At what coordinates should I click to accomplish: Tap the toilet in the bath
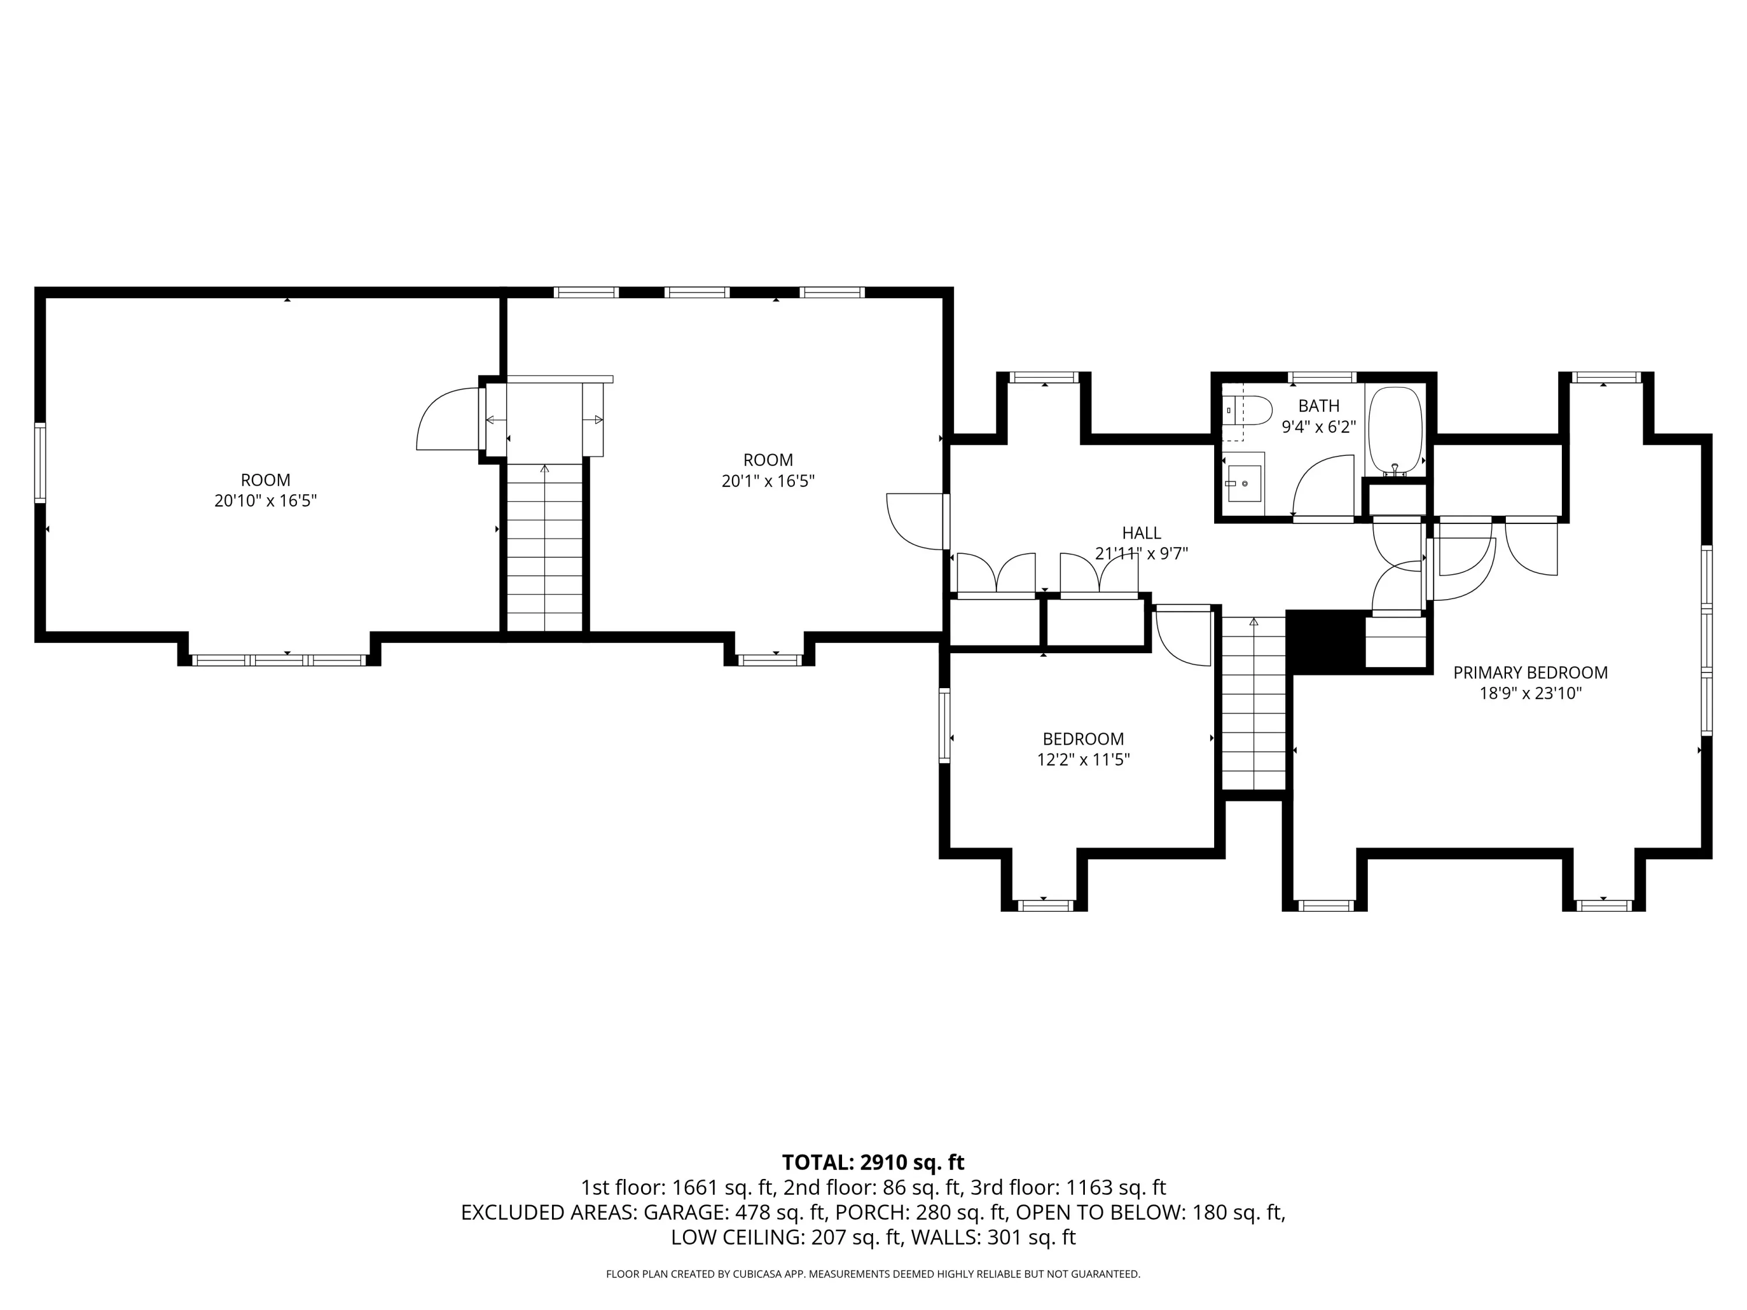pos(1247,410)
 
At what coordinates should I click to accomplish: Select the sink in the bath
pos(1243,483)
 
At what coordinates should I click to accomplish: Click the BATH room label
pos(1318,406)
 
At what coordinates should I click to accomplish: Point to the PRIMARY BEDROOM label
pos(1530,673)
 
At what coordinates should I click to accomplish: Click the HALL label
pos(1141,533)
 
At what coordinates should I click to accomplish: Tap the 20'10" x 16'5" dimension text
pos(266,501)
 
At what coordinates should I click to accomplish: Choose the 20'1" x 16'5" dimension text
pos(768,481)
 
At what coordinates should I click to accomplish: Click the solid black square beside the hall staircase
pos(1326,642)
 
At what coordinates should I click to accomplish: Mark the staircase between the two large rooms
pos(544,547)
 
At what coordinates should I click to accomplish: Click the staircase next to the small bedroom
pos(1254,702)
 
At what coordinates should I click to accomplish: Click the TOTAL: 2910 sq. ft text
pos(873,1162)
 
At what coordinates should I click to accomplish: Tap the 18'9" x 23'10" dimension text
pos(1530,693)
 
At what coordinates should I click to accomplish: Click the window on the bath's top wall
pos(1322,377)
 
